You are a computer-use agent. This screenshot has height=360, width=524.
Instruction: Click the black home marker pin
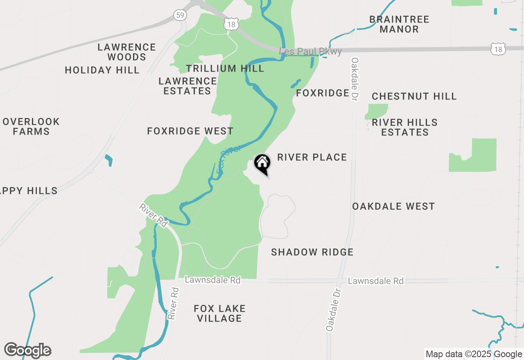(x=262, y=164)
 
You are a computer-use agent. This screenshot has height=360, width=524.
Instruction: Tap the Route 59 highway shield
(x=180, y=15)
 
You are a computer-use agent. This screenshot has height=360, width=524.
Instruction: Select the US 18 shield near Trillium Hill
(x=231, y=25)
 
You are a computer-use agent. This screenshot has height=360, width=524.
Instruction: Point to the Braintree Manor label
(x=399, y=24)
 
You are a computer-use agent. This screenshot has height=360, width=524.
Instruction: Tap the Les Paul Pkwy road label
(x=310, y=52)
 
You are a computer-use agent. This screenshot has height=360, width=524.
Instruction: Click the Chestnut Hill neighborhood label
(x=414, y=96)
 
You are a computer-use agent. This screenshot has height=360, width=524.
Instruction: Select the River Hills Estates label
(x=404, y=127)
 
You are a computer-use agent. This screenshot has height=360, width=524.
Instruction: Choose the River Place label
(x=312, y=157)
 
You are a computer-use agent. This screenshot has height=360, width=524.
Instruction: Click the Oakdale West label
(x=393, y=206)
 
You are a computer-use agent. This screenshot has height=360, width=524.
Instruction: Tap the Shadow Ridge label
(x=312, y=252)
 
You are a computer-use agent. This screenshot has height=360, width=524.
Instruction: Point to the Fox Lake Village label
(x=219, y=313)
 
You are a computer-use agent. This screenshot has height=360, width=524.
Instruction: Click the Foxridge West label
(x=190, y=131)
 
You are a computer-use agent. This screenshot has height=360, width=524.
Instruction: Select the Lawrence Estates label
(x=187, y=86)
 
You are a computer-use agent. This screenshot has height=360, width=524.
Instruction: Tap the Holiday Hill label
(x=102, y=70)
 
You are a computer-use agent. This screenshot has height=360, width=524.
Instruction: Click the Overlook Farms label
(x=31, y=126)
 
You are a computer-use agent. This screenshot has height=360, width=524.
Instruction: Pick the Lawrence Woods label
(x=126, y=52)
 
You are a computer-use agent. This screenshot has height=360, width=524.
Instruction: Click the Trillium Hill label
(x=225, y=68)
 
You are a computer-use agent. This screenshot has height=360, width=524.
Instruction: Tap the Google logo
(x=27, y=350)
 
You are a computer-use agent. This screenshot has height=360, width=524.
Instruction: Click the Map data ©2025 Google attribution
(x=474, y=354)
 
